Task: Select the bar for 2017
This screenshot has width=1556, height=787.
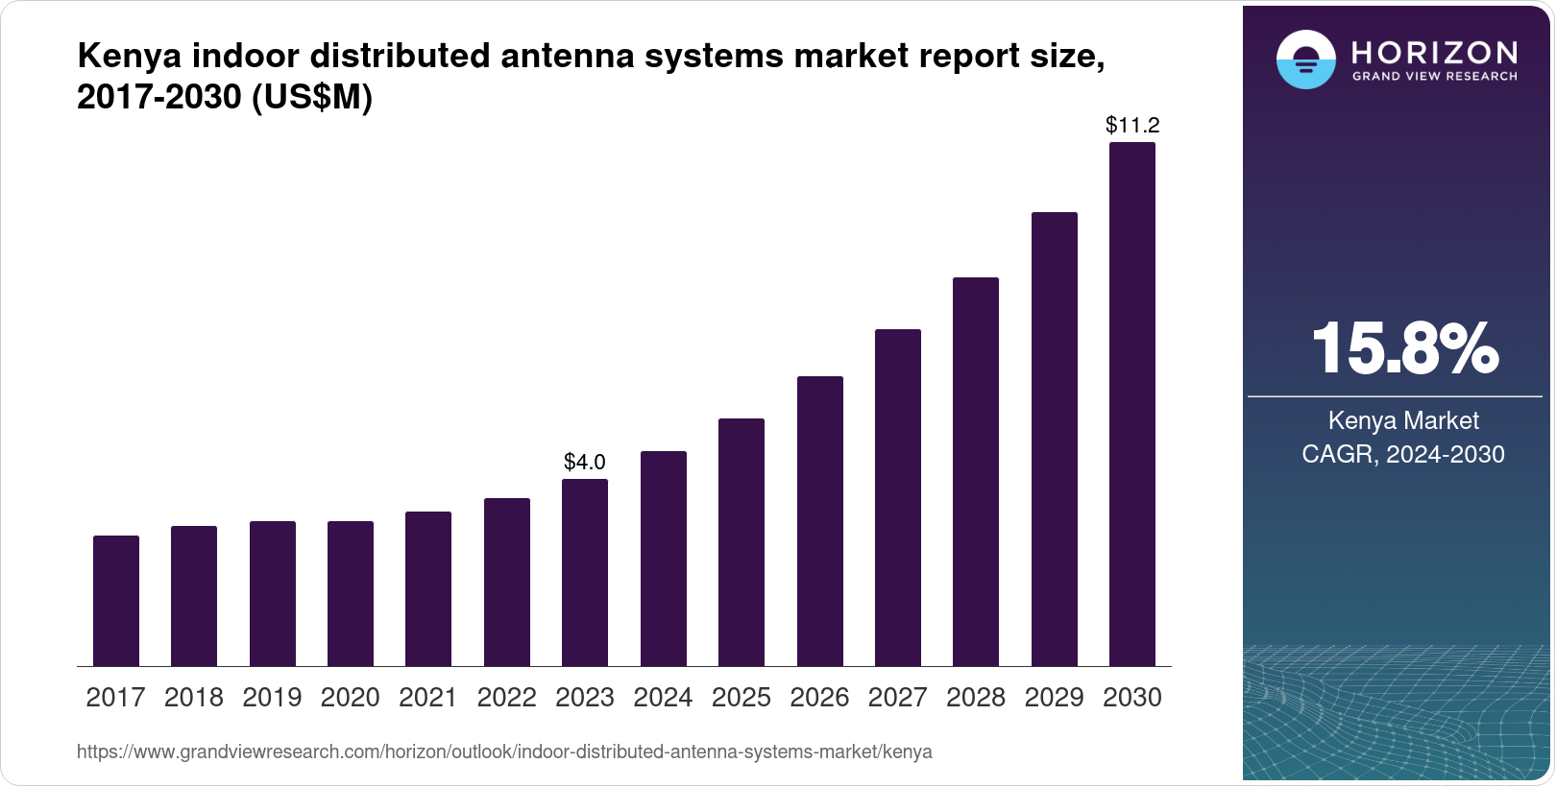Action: point(116,601)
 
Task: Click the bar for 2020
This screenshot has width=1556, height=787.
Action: point(351,593)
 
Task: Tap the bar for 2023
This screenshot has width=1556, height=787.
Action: point(585,572)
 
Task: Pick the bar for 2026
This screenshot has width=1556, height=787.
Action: point(820,521)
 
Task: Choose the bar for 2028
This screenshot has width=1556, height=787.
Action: point(976,471)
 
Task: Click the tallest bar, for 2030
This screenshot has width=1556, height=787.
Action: point(1132,404)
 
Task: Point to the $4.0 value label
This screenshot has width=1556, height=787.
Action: point(585,463)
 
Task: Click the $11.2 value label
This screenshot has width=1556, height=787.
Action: point(1132,125)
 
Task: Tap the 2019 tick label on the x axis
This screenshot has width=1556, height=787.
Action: point(272,698)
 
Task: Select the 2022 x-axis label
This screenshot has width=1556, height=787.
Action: point(506,698)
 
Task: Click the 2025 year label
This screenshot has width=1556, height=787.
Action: point(742,698)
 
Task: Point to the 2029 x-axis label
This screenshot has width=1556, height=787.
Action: point(1054,698)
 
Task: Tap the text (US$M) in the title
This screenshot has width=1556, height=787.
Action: point(311,97)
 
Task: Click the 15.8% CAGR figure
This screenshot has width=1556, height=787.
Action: point(1403,349)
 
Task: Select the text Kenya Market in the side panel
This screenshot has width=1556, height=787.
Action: point(1403,420)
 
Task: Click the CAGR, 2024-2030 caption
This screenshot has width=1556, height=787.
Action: point(1403,454)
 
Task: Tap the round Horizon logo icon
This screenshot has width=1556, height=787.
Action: point(1305,60)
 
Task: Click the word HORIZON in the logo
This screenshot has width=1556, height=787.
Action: point(1435,52)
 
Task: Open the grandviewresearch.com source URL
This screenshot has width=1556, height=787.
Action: point(504,752)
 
